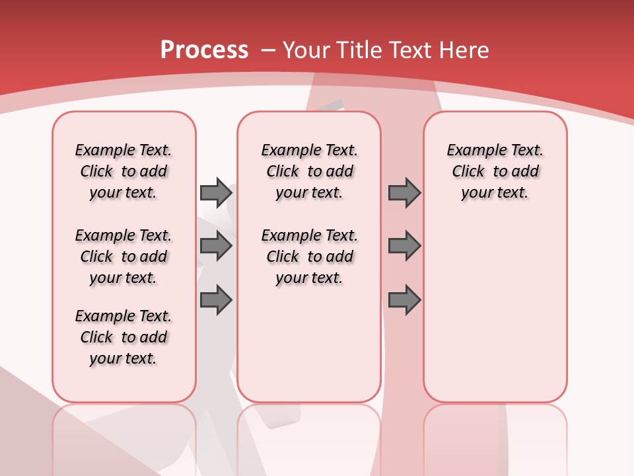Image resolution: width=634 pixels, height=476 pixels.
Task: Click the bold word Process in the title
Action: [x=204, y=50]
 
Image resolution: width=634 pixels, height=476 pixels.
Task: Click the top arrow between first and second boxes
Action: [x=216, y=192]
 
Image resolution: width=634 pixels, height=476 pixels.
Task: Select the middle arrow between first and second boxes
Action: [x=216, y=247]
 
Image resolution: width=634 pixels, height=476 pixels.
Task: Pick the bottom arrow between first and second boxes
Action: [x=216, y=300]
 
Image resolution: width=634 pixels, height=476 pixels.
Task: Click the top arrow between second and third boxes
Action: [x=404, y=192]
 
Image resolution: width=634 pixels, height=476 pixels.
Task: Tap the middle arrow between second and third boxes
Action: [x=404, y=247]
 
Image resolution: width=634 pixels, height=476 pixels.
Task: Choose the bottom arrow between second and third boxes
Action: [x=404, y=300]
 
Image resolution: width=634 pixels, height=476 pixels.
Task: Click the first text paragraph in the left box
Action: [x=123, y=171]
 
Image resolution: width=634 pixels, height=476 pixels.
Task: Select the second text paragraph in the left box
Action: [x=123, y=257]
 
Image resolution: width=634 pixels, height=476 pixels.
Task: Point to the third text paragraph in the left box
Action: [x=123, y=337]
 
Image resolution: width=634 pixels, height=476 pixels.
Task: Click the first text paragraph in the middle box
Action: [x=309, y=171]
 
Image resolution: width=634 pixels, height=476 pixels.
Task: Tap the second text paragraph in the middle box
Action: [x=309, y=257]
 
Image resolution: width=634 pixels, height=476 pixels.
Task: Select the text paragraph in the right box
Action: [x=495, y=171]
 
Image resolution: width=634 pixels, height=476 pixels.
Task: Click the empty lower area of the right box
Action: [x=495, y=317]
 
